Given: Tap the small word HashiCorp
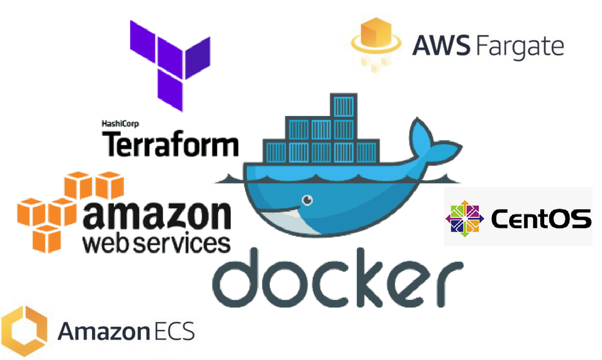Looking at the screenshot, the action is (120, 124).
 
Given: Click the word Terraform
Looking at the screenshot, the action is (171, 144).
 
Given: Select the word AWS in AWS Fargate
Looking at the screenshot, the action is (441, 46).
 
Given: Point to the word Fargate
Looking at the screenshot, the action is (520, 48).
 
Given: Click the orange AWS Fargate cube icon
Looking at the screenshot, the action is (376, 44).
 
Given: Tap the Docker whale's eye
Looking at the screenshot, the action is (307, 200).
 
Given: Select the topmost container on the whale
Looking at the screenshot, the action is (344, 105).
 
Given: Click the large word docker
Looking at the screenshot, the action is (338, 278).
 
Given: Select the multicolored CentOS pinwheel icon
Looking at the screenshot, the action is (465, 219).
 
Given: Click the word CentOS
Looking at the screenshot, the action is (541, 219).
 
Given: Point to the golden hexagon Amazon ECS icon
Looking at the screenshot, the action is (24, 331).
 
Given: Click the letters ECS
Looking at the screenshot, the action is (175, 331).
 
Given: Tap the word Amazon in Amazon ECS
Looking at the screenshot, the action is (104, 331).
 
